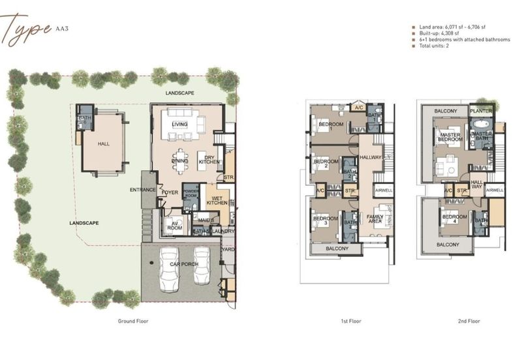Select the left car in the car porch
click(x=169, y=267)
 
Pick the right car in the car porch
click(x=203, y=267)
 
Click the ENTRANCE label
click(x=143, y=190)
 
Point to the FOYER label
click(x=170, y=192)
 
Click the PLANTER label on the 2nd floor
click(x=482, y=112)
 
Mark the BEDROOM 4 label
click(x=454, y=218)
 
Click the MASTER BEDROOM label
click(x=450, y=137)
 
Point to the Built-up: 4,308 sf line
click(x=440, y=33)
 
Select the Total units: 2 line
click(x=436, y=46)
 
